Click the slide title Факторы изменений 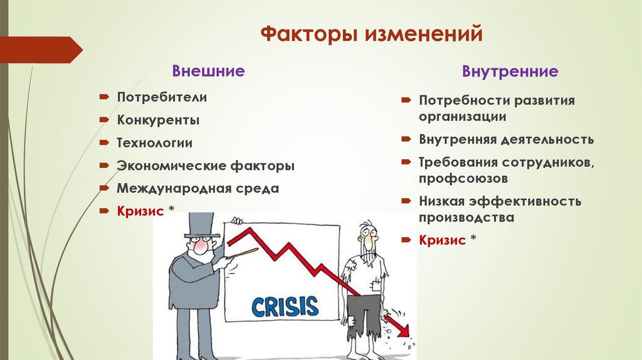pos(371,33)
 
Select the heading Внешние pos(208,71)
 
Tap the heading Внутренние pos(510,71)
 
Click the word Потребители pos(162,97)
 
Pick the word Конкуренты pos(159,120)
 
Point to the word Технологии pos(154,143)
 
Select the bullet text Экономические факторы pos(205,166)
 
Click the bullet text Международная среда pos(197,188)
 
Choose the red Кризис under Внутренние pos(443,240)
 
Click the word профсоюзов pos(463,179)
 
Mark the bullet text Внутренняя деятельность pos(506,139)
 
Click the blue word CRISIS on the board pos(285,306)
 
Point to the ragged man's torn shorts pos(364,314)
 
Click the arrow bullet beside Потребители pos(103,97)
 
